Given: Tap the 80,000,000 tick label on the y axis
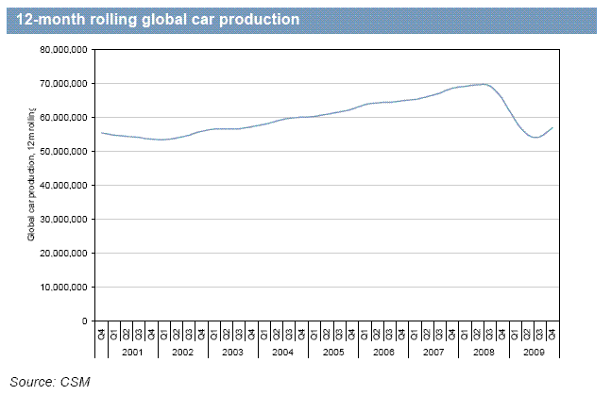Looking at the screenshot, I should (66, 49).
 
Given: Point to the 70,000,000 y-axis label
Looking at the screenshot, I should (66, 83).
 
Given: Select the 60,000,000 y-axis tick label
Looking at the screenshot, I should (66, 117).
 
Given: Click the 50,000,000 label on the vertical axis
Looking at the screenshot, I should (66, 151).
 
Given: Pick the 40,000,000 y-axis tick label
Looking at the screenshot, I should (66, 185).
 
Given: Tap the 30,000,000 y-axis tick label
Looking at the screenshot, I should (66, 219).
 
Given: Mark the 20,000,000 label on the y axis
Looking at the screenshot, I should (66, 253).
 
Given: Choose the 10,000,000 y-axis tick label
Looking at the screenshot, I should (66, 287).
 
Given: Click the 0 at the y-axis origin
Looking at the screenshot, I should (85, 321).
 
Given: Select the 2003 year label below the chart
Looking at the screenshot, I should (231, 351).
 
